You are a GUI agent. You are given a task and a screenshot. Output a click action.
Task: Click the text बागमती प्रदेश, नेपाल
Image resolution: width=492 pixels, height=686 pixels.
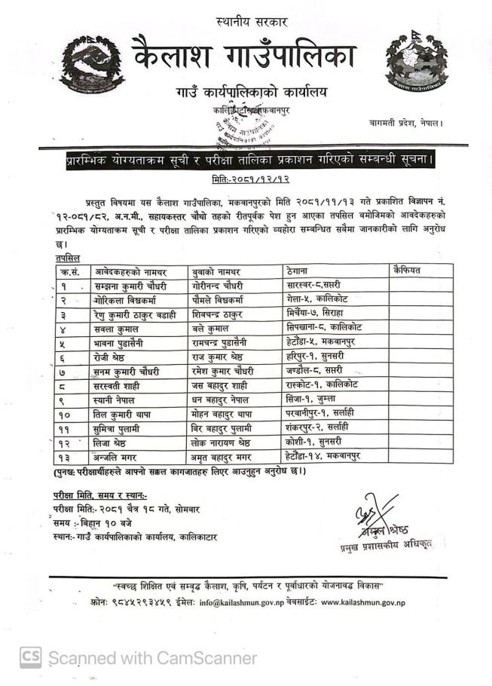[x=406, y=122]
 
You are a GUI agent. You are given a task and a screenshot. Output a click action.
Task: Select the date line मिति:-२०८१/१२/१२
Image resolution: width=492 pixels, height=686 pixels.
[x=246, y=178]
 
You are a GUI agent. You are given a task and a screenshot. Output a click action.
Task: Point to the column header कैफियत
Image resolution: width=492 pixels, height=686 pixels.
[x=407, y=270]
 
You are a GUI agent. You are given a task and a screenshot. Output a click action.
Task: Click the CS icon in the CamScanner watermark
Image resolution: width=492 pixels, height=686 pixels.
[x=30, y=657]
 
